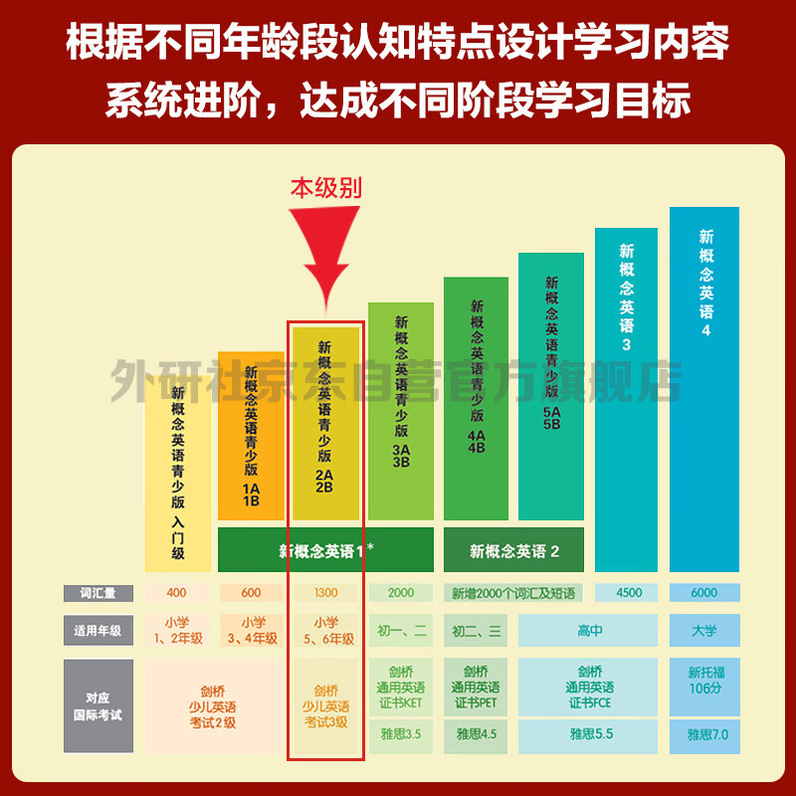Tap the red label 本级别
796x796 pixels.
pyautogui.click(x=326, y=188)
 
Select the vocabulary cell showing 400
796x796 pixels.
pyautogui.click(x=177, y=592)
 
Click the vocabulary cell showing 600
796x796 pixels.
pyautogui.click(x=251, y=592)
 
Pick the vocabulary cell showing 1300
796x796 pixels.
pyautogui.click(x=326, y=592)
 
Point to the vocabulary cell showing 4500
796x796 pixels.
pyautogui.click(x=627, y=592)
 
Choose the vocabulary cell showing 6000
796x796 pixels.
pyautogui.click(x=704, y=592)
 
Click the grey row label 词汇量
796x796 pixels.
pyautogui.click(x=99, y=593)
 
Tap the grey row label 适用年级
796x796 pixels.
pyautogui.click(x=99, y=630)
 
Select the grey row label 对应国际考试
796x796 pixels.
pyautogui.click(x=99, y=706)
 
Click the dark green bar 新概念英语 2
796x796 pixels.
pyautogui.click(x=513, y=550)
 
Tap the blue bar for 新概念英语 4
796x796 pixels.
pyautogui.click(x=704, y=389)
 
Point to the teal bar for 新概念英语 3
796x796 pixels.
pyautogui.click(x=627, y=400)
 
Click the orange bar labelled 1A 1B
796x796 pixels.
pyautogui.click(x=251, y=436)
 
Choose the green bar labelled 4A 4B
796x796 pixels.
pyautogui.click(x=477, y=399)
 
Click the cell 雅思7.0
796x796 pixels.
pyautogui.click(x=704, y=735)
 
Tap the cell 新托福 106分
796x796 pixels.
pyautogui.click(x=704, y=682)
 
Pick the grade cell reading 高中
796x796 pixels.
pyautogui.click(x=588, y=630)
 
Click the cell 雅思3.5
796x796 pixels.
pyautogui.click(x=401, y=735)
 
